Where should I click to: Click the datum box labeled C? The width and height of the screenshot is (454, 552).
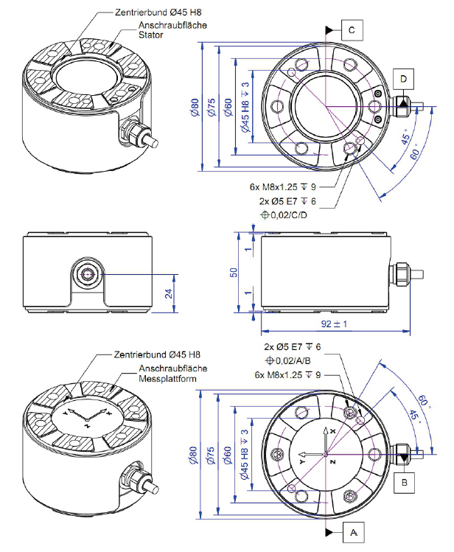(352, 29)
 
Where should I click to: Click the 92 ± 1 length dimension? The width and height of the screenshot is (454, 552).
(329, 324)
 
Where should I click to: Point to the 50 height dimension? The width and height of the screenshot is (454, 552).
(234, 273)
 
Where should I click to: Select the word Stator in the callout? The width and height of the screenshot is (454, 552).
(151, 35)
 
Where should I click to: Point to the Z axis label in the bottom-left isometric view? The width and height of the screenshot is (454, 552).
(87, 426)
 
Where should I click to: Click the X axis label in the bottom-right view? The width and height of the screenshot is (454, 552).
(332, 430)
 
